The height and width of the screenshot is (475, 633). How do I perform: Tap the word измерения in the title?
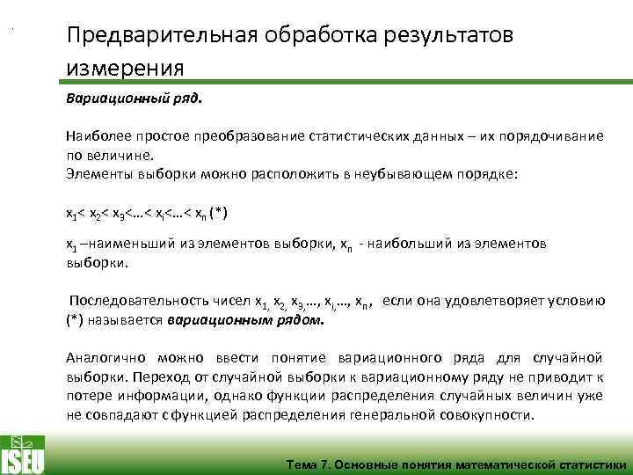pyautogui.click(x=125, y=69)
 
